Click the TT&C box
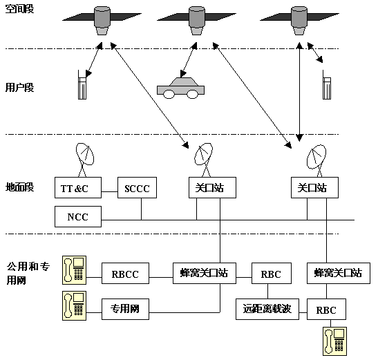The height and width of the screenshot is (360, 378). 78,187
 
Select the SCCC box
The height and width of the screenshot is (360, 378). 137,187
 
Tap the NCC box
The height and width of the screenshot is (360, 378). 78,216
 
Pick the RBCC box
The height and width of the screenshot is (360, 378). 125,273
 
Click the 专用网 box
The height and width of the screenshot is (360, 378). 125,309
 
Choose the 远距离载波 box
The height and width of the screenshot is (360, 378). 267,309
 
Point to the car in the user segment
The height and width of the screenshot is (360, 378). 181,88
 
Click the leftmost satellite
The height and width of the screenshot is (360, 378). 102,21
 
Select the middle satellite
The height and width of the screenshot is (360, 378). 197,21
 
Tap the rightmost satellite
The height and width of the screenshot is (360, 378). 299,21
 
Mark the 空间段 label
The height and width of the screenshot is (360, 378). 19,9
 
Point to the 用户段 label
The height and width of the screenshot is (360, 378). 19,87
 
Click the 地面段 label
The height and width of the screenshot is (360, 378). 19,187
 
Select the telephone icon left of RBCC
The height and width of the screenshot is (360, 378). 74,270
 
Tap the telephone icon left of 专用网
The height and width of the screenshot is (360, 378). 74,305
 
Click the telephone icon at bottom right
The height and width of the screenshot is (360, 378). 335,341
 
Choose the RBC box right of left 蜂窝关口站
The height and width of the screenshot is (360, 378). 272,273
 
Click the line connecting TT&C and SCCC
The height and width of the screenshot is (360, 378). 110,192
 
